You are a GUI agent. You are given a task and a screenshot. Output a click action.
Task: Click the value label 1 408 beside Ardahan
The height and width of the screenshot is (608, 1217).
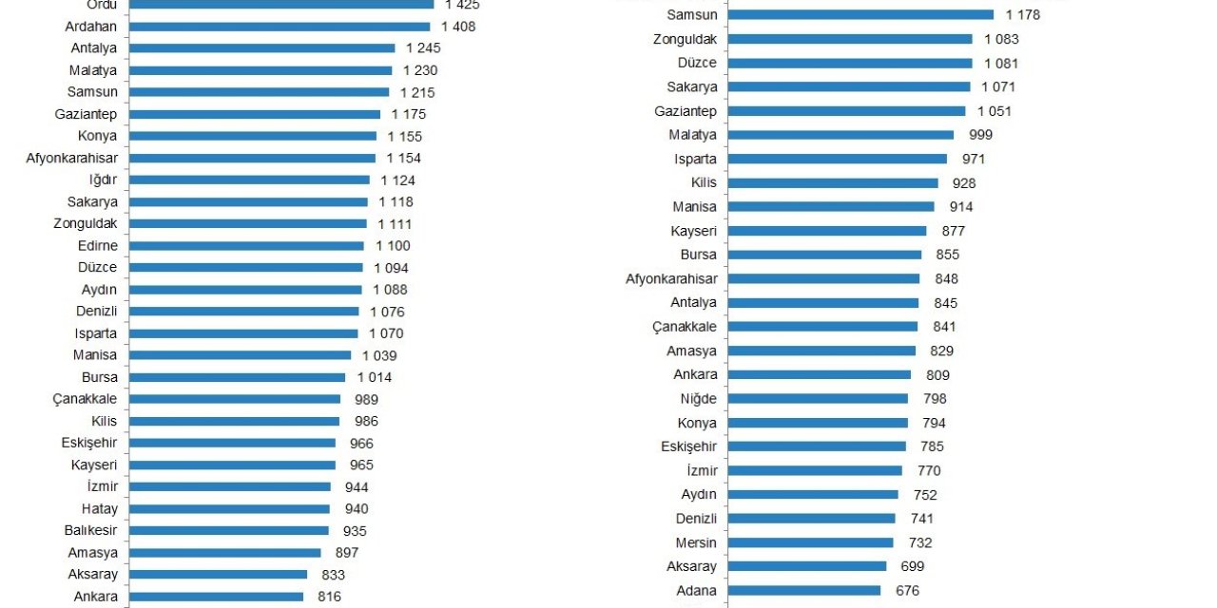pyautogui.click(x=458, y=27)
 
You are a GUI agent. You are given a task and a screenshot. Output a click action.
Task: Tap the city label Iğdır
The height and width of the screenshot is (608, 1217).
pyautogui.click(x=103, y=180)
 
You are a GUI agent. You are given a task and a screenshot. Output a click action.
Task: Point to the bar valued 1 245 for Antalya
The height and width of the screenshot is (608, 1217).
pyautogui.click(x=261, y=48)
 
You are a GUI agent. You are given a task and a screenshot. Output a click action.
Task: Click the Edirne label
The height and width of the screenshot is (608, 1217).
pyautogui.click(x=98, y=245)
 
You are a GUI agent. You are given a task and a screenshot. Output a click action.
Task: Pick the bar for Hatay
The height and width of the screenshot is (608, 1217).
pyautogui.click(x=229, y=508)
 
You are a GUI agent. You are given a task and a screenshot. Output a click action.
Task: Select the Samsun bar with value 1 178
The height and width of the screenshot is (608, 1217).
pyautogui.click(x=860, y=14)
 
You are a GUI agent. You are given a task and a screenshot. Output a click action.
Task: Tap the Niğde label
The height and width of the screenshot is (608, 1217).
pyautogui.click(x=699, y=399)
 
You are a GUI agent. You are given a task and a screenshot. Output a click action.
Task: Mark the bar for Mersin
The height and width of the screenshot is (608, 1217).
pyautogui.click(x=810, y=542)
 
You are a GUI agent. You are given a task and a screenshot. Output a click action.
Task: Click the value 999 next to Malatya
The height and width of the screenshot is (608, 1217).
pyautogui.click(x=980, y=135)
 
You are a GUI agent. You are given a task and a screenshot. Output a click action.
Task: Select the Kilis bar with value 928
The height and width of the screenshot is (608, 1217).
pyautogui.click(x=833, y=182)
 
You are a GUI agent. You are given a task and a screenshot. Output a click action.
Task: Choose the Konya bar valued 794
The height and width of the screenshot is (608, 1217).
pyautogui.click(x=818, y=423)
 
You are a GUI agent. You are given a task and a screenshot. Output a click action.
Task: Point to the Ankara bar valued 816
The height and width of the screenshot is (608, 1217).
pyautogui.click(x=216, y=597)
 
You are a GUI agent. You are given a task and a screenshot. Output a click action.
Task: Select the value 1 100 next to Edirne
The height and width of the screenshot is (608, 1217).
pyautogui.click(x=393, y=245)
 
